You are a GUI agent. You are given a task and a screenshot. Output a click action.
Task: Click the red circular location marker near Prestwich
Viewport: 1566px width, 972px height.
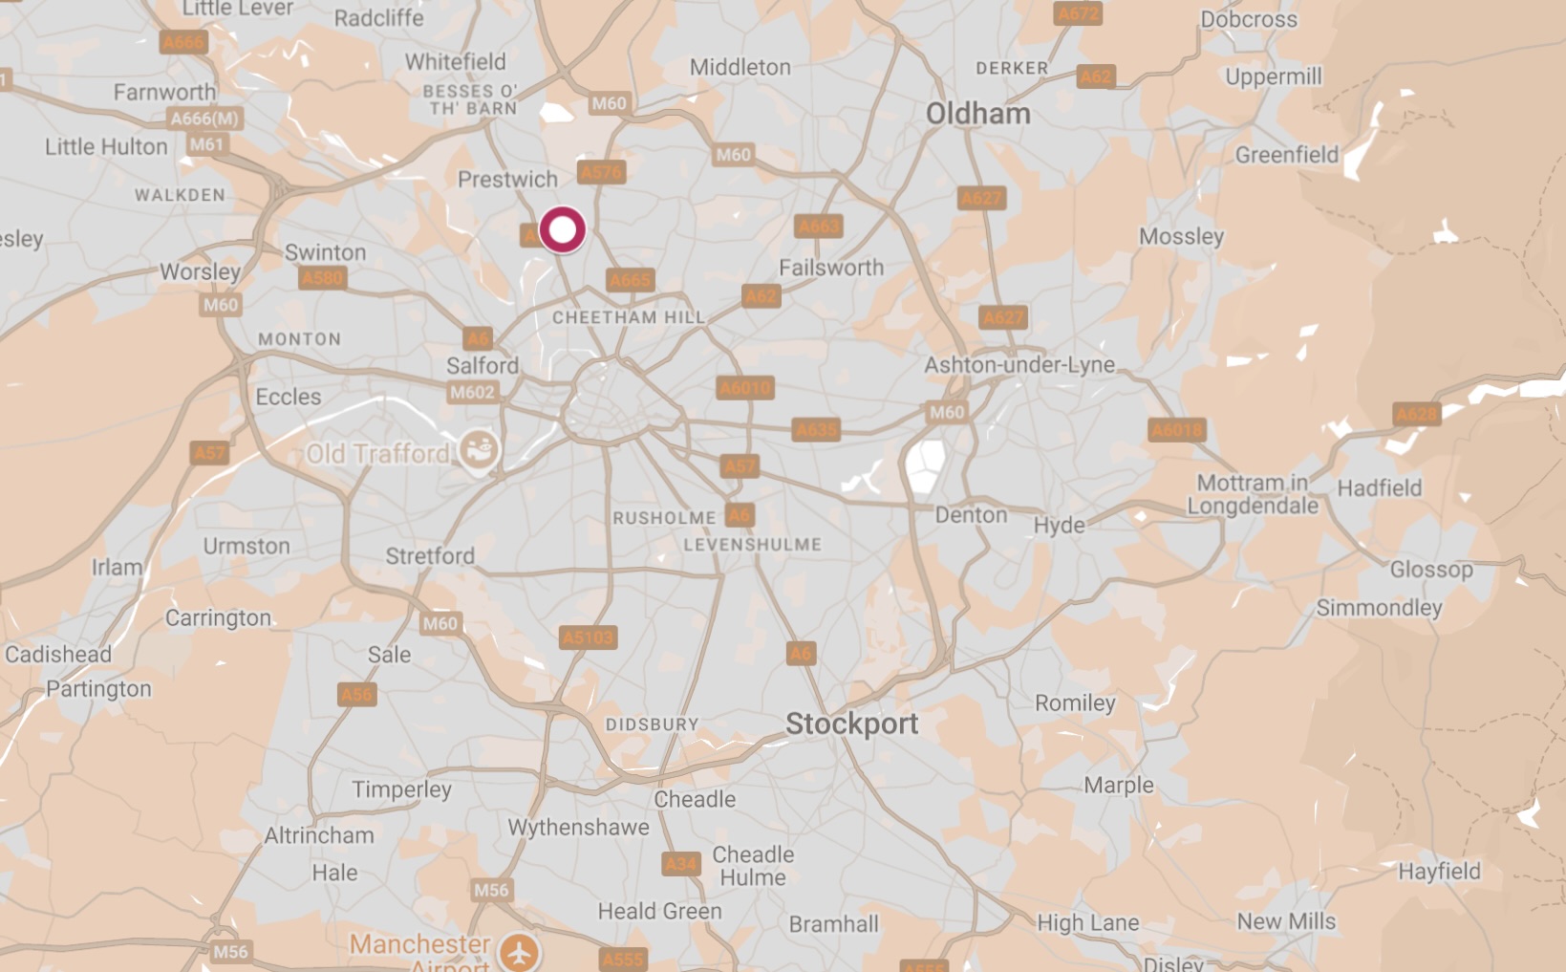[x=562, y=229]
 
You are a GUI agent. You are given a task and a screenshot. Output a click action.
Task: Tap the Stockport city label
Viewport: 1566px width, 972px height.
[x=851, y=724]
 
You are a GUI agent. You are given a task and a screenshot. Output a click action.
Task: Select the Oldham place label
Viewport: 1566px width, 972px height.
[x=977, y=114]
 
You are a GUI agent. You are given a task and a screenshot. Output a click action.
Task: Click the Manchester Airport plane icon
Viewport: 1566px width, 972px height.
[x=520, y=952]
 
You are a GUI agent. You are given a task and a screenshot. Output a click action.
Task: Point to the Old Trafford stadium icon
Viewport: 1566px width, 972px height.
[x=478, y=450]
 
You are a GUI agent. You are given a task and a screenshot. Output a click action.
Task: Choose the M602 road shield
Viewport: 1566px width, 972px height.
[x=472, y=392]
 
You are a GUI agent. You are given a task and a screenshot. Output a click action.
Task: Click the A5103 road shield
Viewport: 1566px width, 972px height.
[x=588, y=637]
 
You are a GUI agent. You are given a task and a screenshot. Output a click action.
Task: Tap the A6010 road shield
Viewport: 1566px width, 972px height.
[x=745, y=388]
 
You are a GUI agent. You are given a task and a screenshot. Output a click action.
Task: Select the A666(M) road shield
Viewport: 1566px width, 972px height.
[x=204, y=119]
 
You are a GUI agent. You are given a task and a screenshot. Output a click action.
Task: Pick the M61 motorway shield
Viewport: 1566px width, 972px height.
[x=205, y=144]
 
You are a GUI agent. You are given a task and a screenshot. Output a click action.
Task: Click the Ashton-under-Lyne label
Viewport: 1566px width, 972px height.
[x=1019, y=365]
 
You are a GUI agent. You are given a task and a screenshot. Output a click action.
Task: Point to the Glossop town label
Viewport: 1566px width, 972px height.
[x=1430, y=570]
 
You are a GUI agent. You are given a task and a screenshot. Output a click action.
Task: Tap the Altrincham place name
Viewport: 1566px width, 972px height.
[x=319, y=835]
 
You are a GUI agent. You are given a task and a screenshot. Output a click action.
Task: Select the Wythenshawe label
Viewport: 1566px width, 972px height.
[x=578, y=828]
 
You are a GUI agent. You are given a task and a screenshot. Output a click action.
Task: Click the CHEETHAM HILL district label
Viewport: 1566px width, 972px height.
[x=628, y=317]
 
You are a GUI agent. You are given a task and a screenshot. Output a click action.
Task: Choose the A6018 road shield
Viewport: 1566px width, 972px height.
[x=1176, y=430]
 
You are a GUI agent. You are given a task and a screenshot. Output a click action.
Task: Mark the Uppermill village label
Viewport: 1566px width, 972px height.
[x=1273, y=76]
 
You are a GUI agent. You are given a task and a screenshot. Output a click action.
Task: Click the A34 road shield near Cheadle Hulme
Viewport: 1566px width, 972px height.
[x=680, y=865]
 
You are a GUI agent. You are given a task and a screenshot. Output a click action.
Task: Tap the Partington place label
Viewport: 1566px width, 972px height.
[x=98, y=689]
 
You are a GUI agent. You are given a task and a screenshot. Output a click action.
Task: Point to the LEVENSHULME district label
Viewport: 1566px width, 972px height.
[x=752, y=545]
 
